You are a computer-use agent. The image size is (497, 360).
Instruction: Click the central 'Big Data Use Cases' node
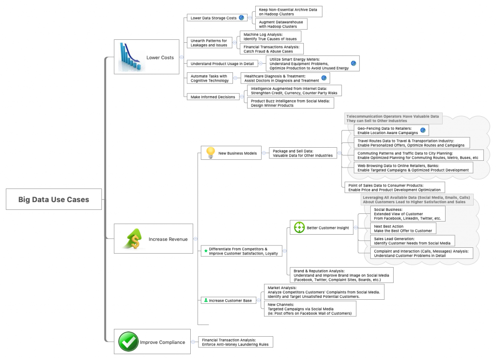53,199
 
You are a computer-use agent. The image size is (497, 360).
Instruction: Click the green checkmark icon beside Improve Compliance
128,342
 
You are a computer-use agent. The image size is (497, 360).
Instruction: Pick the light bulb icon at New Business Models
210,153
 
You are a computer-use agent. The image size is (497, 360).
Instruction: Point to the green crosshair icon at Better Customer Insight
298,227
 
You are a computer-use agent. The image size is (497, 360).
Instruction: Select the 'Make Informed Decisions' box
213,97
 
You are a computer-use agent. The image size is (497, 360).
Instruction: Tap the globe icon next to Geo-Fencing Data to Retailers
423,130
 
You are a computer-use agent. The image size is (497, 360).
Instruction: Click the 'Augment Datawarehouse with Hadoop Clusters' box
281,24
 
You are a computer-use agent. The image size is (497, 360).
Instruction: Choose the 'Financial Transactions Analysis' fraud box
272,49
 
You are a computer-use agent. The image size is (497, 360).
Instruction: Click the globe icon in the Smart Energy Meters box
354,63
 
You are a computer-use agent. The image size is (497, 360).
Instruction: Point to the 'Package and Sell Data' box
303,153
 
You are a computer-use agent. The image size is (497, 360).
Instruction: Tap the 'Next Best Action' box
403,228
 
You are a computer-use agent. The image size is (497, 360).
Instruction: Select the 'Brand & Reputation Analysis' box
341,275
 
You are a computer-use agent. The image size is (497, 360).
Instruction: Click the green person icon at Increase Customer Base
206,300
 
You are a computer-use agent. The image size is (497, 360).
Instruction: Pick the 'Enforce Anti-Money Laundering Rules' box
235,342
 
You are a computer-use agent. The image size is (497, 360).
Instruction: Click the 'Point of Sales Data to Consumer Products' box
394,188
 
